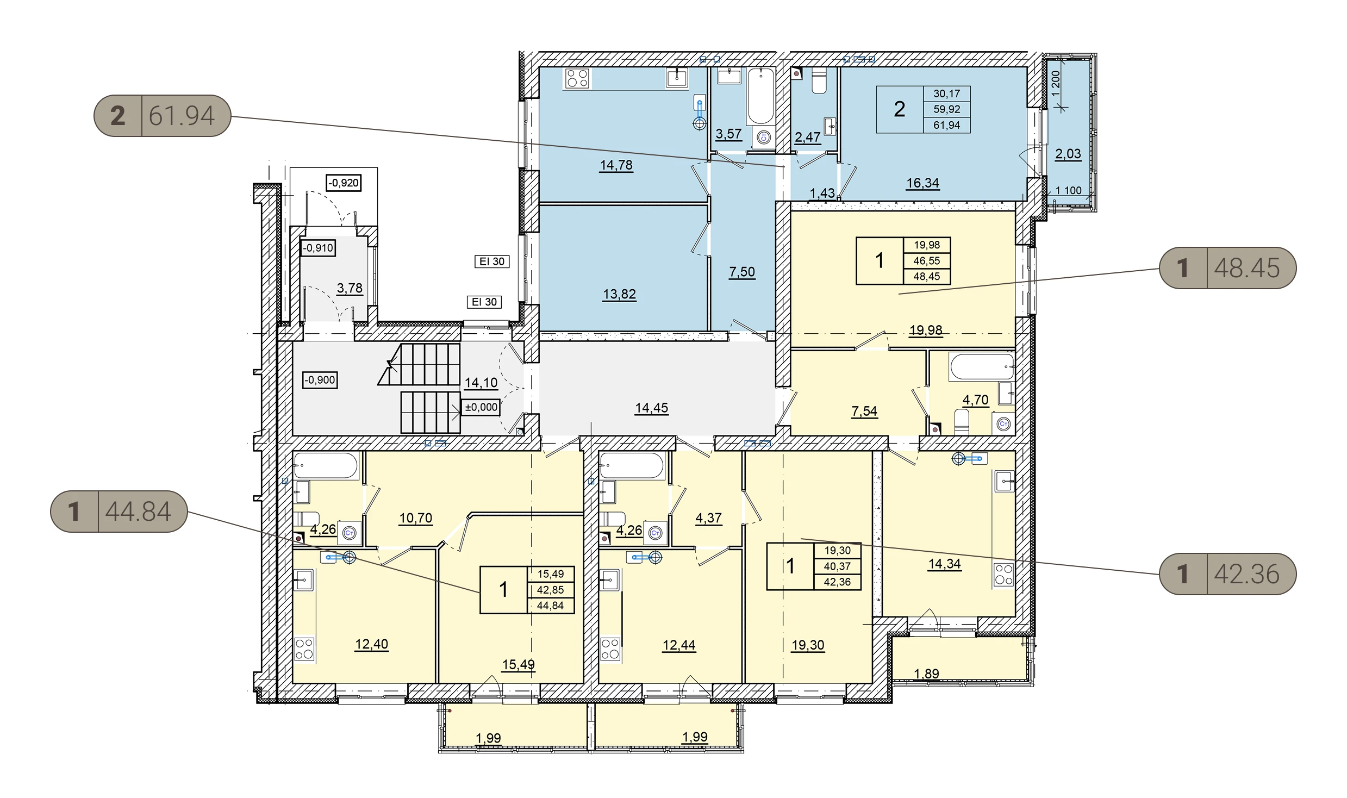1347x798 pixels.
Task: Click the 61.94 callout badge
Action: tap(163, 116)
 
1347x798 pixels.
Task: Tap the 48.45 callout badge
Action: tap(1227, 268)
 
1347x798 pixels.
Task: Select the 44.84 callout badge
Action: tap(119, 512)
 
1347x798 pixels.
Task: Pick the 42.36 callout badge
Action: tap(1227, 574)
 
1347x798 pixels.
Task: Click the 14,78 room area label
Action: tap(616, 165)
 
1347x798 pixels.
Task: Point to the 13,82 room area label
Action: tap(620, 294)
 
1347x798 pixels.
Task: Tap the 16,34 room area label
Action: tap(923, 183)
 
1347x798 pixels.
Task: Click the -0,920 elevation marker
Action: tap(344, 183)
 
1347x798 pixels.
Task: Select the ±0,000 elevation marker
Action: tap(481, 407)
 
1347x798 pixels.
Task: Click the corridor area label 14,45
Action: tap(652, 408)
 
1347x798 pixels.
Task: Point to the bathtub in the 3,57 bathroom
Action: tap(760, 97)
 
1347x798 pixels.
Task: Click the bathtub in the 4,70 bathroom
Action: tap(982, 367)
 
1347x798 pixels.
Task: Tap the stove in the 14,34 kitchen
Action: tap(1004, 575)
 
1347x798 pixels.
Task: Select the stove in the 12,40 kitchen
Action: tap(304, 649)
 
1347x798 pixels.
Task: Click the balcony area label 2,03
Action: tap(1068, 154)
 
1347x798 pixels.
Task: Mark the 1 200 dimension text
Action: tap(1056, 84)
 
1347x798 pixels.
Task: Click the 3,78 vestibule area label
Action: tap(350, 288)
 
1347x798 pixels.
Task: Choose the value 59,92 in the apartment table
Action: tap(947, 109)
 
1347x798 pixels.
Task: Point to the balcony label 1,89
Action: tap(926, 674)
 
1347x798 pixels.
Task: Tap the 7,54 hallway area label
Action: tap(864, 412)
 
